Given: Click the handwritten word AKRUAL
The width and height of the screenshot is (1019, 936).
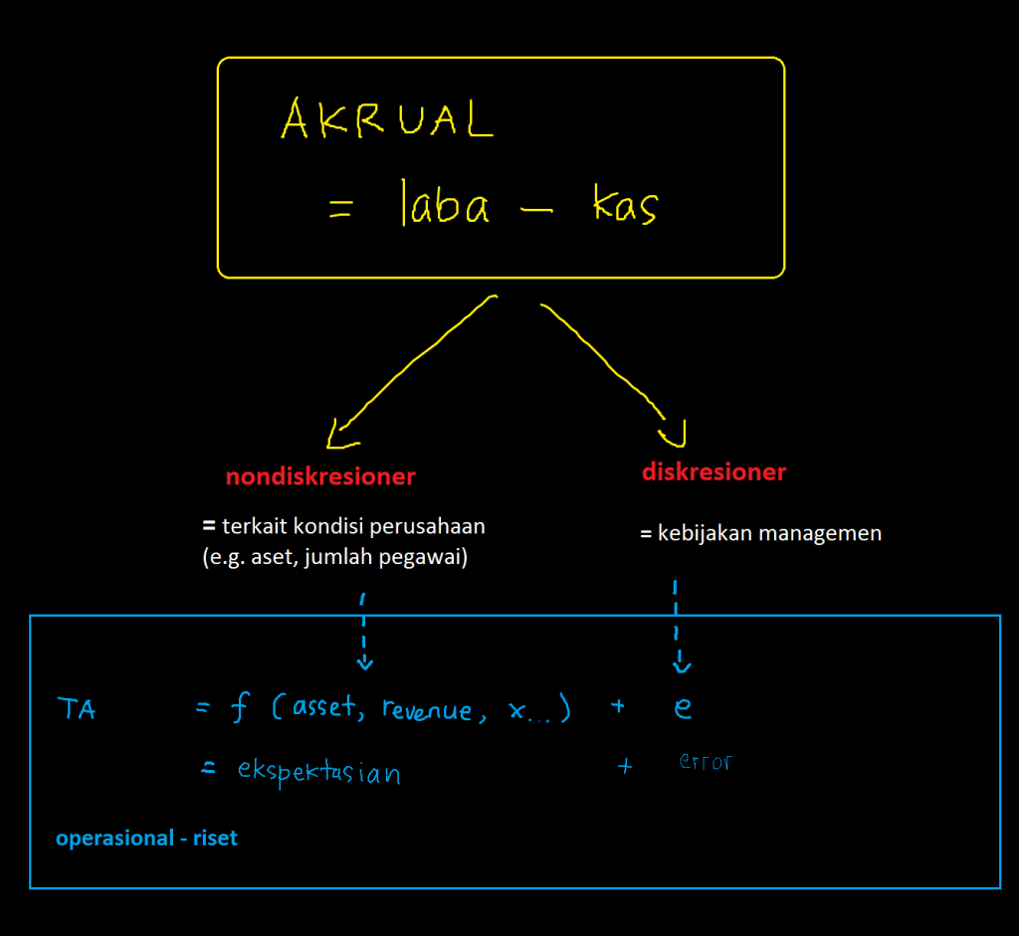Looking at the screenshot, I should point(386,120).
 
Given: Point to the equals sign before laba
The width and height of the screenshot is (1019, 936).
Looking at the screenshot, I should point(340,210).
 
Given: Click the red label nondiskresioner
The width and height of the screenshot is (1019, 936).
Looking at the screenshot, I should point(319,476).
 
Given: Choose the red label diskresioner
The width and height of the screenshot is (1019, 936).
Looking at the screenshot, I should point(713,471).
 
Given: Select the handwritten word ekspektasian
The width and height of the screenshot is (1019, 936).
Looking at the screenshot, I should point(318,771).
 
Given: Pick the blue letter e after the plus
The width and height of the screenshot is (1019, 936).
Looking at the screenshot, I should point(682,707).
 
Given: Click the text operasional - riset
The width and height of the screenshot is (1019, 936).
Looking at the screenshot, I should point(147,839).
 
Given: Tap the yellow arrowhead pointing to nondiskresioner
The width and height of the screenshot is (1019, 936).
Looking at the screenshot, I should point(340,434).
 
